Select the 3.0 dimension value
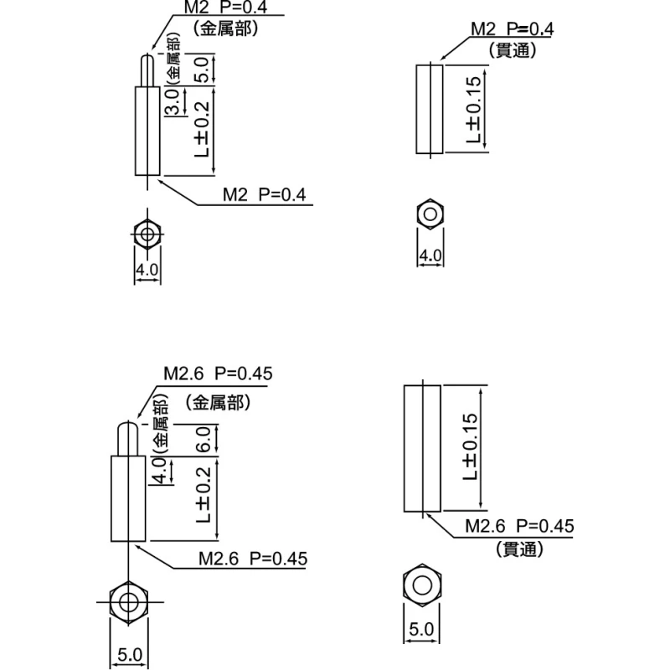click(x=172, y=102)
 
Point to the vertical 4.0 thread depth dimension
click(x=159, y=470)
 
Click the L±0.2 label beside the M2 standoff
click(x=202, y=129)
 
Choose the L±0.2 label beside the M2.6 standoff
click(x=204, y=495)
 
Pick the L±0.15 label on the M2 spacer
click(x=473, y=110)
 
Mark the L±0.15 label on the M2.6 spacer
click(x=470, y=446)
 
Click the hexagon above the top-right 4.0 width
click(x=430, y=214)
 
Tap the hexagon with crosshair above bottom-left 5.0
click(x=128, y=602)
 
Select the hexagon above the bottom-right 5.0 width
click(x=422, y=585)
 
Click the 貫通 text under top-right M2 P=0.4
click(x=513, y=50)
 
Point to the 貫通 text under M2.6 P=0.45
click(x=519, y=549)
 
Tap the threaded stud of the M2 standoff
click(x=147, y=70)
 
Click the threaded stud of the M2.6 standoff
click(x=128, y=438)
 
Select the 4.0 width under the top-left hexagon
click(x=147, y=270)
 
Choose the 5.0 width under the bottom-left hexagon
click(x=130, y=655)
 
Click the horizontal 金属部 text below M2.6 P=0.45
click(x=218, y=403)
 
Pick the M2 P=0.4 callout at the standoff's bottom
click(x=265, y=195)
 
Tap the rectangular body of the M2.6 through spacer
click(x=422, y=448)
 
